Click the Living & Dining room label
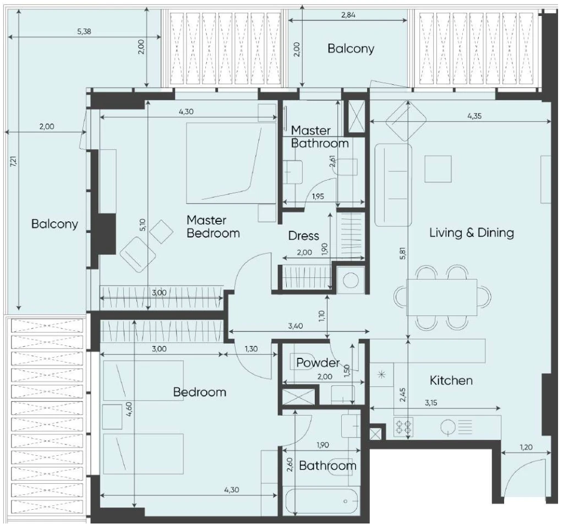click(472, 233)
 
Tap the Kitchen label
click(451, 380)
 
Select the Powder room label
click(318, 363)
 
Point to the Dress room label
click(303, 236)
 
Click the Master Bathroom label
click(320, 137)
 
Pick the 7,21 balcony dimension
click(13, 161)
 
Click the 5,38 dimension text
click(84, 31)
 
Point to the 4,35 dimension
click(474, 116)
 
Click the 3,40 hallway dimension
click(296, 326)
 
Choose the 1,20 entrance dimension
click(526, 448)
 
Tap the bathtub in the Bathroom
click(321, 501)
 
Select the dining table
click(441, 297)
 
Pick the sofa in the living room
click(393, 186)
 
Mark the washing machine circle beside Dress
click(351, 280)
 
